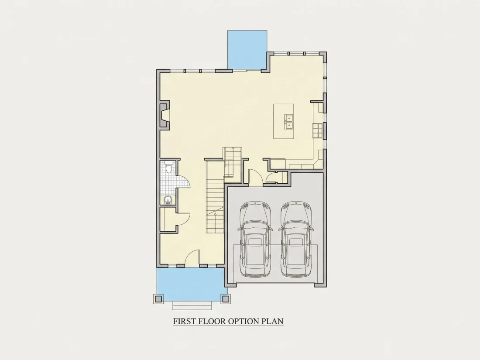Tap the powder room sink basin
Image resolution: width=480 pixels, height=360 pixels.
(168, 200)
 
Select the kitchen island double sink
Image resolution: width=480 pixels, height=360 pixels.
(289, 122)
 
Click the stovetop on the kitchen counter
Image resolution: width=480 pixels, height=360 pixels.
(317, 130)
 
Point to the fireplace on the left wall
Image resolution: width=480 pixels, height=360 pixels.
(164, 115)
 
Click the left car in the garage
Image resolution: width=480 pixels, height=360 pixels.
(255, 240)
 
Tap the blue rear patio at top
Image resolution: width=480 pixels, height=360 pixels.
(247, 50)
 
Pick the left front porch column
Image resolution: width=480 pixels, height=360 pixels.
(158, 298)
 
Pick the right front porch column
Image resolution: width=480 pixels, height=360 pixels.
(226, 298)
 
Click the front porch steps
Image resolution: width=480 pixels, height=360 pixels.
(192, 305)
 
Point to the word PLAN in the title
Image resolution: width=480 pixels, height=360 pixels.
(272, 321)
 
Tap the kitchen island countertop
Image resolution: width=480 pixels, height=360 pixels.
(284, 122)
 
